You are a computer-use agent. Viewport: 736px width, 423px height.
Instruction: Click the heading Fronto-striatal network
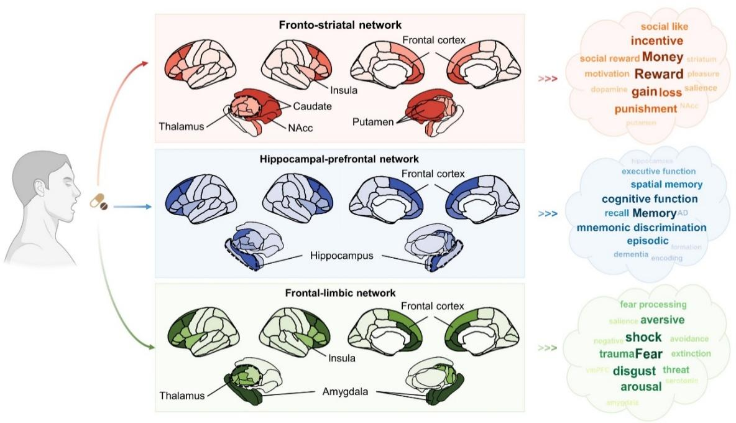click(339, 25)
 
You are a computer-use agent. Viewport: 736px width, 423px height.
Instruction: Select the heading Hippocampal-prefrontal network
click(339, 159)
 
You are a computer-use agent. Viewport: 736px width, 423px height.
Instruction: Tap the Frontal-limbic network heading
click(339, 292)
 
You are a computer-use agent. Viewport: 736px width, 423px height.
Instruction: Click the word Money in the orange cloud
click(663, 58)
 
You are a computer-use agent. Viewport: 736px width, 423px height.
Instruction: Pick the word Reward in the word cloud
click(659, 74)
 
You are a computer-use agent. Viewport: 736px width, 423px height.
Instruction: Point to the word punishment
click(645, 109)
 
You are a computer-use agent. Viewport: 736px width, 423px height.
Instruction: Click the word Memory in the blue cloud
click(654, 213)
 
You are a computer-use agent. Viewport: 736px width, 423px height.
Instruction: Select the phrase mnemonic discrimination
click(641, 227)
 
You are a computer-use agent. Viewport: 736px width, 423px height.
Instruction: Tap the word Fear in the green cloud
click(649, 354)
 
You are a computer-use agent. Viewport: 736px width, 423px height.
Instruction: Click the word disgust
click(634, 371)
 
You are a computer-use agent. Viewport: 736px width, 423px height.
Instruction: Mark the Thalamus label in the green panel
click(181, 395)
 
